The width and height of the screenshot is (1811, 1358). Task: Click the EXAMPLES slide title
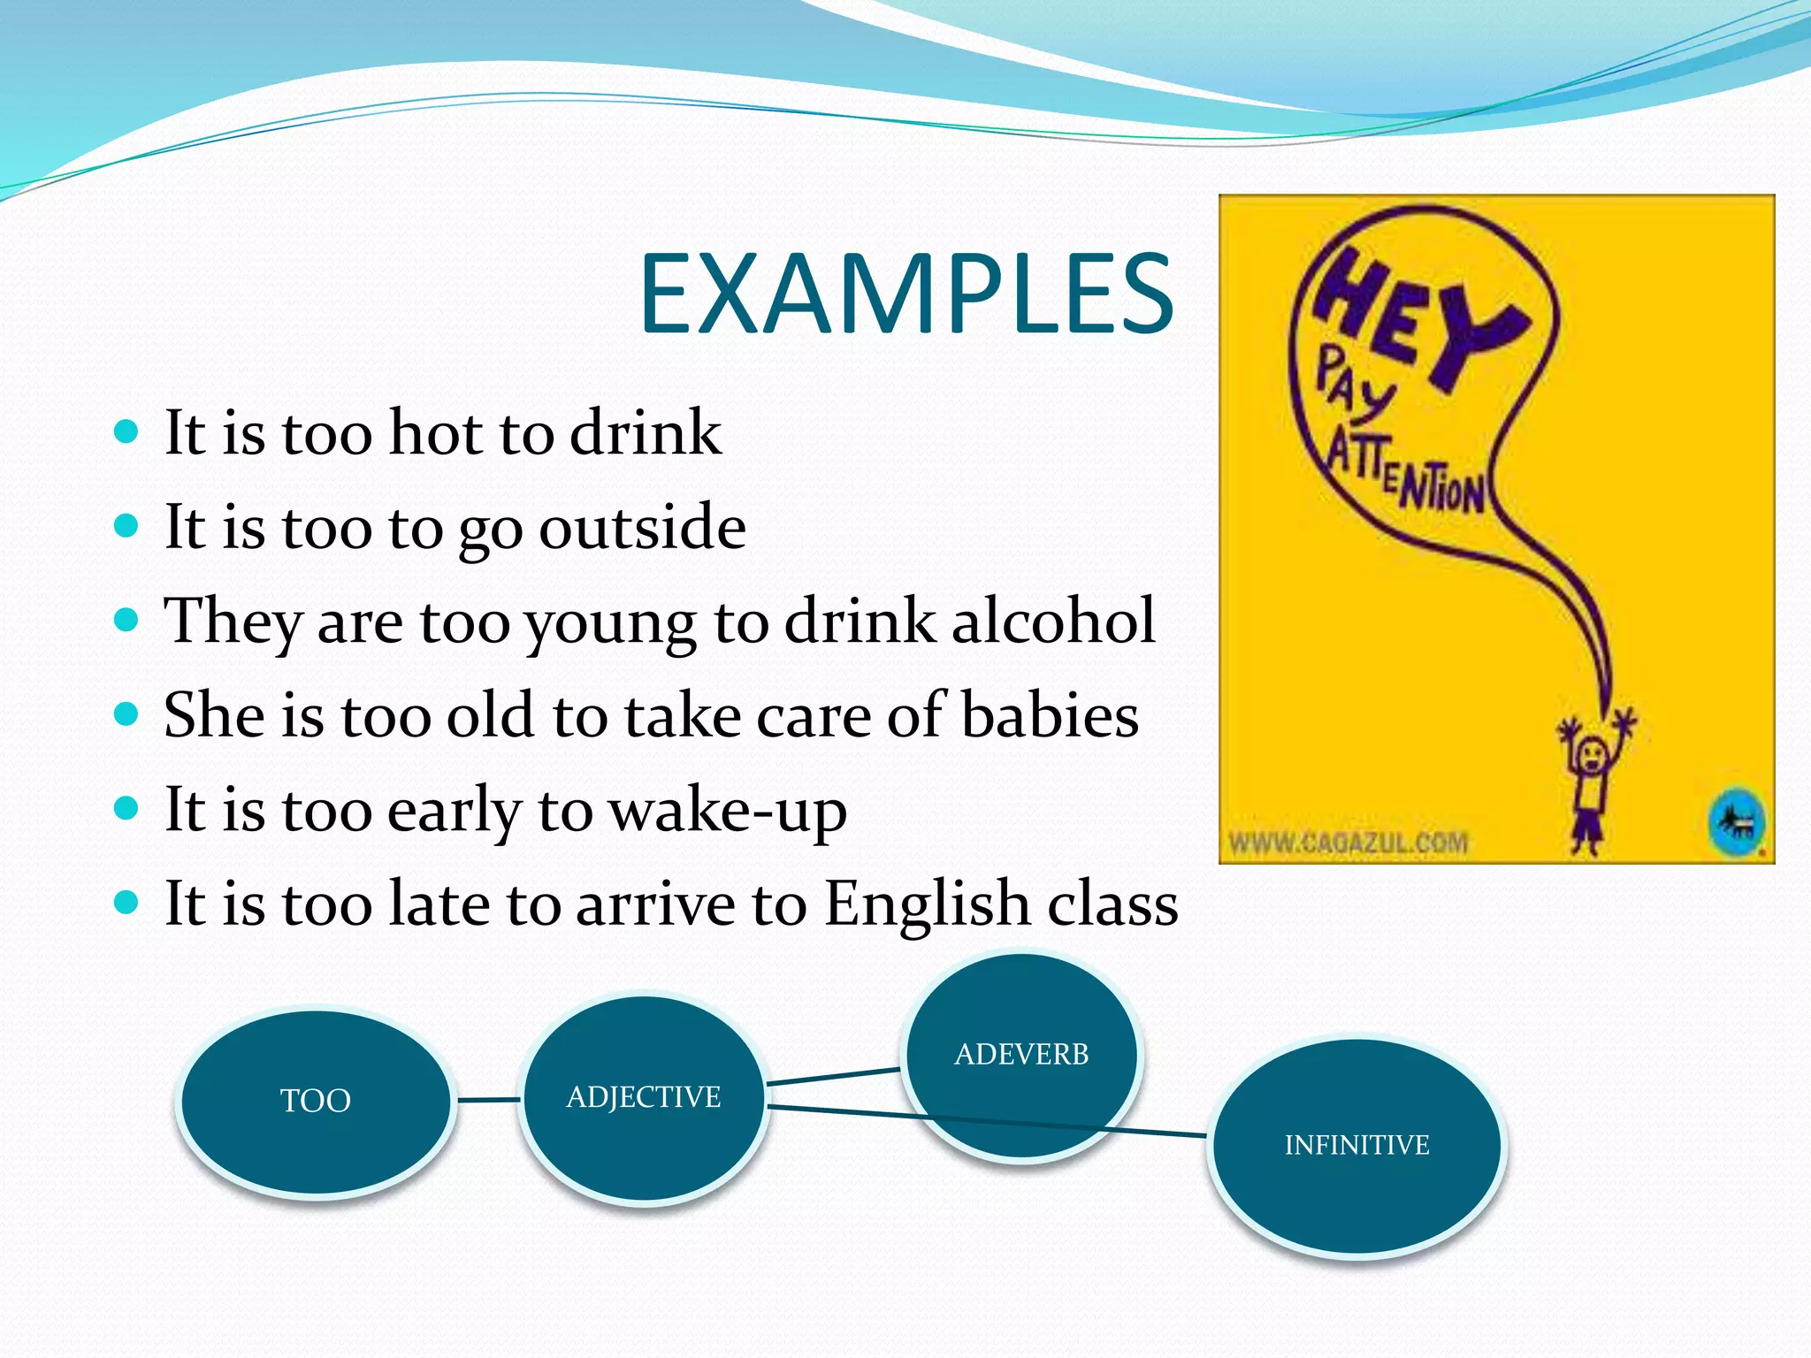[x=906, y=294]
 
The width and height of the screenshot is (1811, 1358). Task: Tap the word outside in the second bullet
[x=642, y=527]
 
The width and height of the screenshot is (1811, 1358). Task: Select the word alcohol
[x=1053, y=621]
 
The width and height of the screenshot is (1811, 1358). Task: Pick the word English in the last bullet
[x=927, y=904]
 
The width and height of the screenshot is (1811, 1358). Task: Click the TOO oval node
[x=316, y=1101]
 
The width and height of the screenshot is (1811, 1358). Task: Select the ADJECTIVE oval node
[x=644, y=1097]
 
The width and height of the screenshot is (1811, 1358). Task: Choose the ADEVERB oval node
[x=1021, y=1054]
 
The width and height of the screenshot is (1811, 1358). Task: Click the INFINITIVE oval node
[x=1356, y=1145]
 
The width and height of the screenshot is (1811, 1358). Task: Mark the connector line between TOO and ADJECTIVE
[x=488, y=1100]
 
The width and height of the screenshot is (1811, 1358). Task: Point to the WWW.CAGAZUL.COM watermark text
[x=1349, y=843]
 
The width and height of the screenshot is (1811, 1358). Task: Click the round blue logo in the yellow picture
[x=1736, y=823]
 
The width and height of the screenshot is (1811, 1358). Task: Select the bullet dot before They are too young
[x=127, y=620]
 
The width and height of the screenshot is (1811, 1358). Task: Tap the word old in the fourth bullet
[x=489, y=715]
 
